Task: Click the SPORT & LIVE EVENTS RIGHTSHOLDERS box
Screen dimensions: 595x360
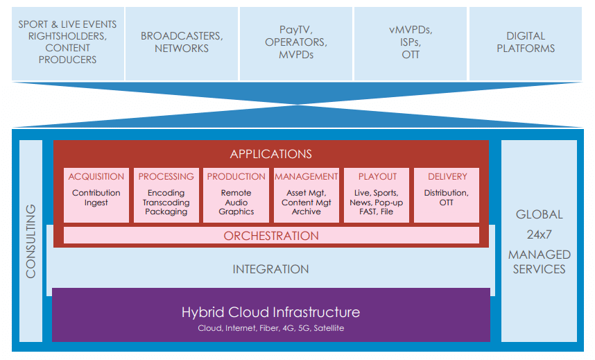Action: [x=68, y=43]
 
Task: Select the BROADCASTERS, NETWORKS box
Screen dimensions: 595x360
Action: [x=182, y=43]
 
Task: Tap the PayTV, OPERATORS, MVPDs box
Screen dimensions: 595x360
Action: [x=296, y=43]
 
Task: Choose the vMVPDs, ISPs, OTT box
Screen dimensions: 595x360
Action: [x=411, y=43]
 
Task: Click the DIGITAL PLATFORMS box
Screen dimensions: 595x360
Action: [x=526, y=43]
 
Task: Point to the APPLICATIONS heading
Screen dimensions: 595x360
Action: [x=271, y=154]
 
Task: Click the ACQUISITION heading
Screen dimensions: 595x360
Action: [x=96, y=177]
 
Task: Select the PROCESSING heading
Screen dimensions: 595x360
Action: [x=166, y=177]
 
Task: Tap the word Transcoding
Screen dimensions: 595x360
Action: [x=166, y=203]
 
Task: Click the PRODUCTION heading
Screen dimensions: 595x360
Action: [x=236, y=177]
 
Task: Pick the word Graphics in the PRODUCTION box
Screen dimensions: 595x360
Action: [x=236, y=212]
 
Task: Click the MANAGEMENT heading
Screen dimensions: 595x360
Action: [x=307, y=177]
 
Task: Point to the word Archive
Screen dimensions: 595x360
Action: [x=307, y=212]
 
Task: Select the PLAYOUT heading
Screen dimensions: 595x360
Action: [x=377, y=177]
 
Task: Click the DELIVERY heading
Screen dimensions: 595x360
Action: [x=447, y=177]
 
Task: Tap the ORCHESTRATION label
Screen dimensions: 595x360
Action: [x=271, y=236]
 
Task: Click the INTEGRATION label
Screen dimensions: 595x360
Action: [x=270, y=269]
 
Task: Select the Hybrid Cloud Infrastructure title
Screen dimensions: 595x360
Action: [x=270, y=312]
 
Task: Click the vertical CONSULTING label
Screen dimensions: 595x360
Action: [x=31, y=241]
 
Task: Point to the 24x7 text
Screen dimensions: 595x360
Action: [x=539, y=234]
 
